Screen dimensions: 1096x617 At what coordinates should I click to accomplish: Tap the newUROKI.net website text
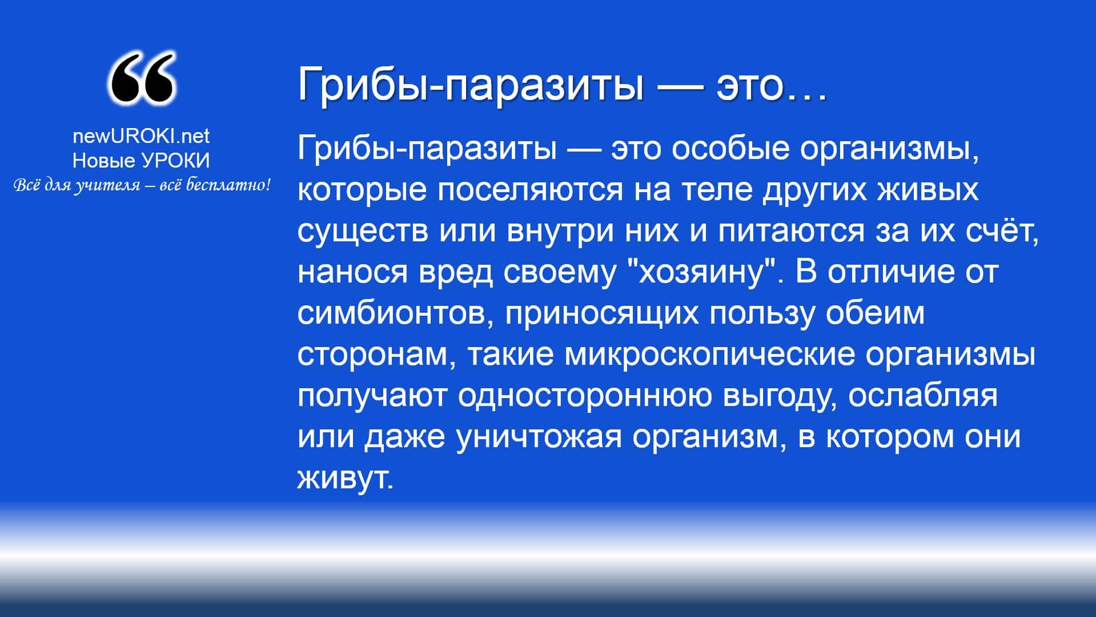(141, 136)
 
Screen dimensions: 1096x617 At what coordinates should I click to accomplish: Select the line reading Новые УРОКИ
(141, 161)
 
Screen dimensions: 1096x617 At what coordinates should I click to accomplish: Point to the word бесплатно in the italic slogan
(226, 185)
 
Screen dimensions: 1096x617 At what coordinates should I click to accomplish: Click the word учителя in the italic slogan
(107, 186)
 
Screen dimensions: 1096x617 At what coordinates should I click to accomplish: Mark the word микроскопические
(710, 355)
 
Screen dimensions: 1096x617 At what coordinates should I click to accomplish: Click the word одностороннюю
(585, 396)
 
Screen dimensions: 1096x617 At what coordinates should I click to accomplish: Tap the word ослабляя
(922, 396)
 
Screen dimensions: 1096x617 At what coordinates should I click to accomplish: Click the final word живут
(346, 478)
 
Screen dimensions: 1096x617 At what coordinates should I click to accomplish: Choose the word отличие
(890, 273)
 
